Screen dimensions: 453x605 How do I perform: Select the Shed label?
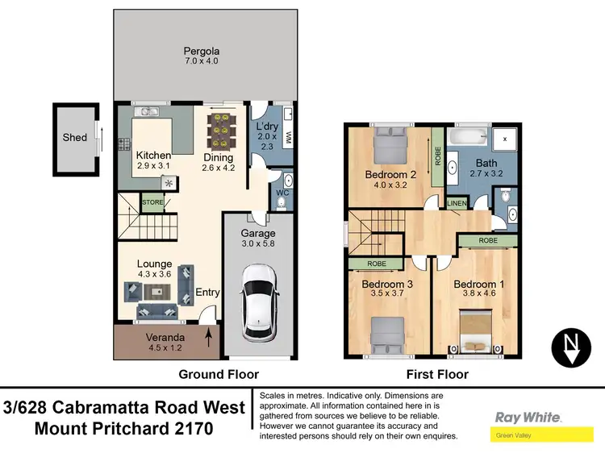[x=74, y=138]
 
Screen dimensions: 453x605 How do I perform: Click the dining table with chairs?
[x=219, y=129]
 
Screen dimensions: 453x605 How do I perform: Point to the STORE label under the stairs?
[x=152, y=202]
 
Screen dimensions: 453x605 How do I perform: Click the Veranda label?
[x=164, y=337]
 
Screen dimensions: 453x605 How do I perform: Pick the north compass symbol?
[x=572, y=347]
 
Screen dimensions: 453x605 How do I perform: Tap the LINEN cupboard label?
[x=457, y=203]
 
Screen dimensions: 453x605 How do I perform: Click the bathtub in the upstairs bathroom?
[x=469, y=138]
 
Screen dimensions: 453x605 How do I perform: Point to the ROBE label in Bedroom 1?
[x=486, y=240]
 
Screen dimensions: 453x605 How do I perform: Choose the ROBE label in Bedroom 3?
[x=377, y=263]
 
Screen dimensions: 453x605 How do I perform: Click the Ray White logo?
[x=528, y=418]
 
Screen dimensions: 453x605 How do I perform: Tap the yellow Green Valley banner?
[x=530, y=434]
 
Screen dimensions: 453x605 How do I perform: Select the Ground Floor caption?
[x=219, y=374]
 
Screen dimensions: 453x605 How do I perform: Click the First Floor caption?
[x=435, y=374]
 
